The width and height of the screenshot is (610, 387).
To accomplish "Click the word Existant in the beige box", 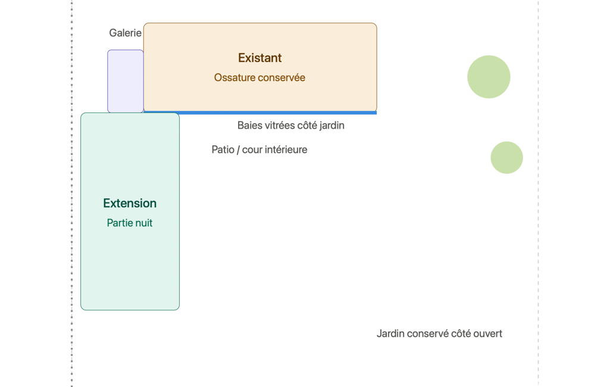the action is (259, 58).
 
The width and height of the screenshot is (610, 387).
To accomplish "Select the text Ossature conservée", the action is (259, 77).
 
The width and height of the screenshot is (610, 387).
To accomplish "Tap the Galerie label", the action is (125, 33).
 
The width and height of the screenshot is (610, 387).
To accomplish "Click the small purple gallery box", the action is (125, 81).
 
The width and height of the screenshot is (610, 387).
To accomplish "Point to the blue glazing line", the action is (260, 113).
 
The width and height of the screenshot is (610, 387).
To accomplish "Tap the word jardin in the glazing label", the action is (332, 126).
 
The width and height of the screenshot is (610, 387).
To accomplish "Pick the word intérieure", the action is (287, 149).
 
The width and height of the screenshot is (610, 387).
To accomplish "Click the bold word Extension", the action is (130, 203).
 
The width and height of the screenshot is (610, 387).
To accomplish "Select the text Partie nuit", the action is (130, 223).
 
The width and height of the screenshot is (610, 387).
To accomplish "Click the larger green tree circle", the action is (489, 77).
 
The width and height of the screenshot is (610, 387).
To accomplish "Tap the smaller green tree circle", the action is (506, 158).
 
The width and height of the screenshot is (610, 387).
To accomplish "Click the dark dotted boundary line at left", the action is (72, 193).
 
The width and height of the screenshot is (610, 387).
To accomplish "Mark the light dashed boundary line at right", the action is (539, 193).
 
